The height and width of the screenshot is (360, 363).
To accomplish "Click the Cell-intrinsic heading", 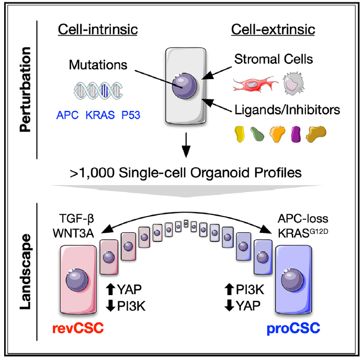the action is point(98,30).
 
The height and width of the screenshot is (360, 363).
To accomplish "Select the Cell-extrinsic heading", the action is point(273,30).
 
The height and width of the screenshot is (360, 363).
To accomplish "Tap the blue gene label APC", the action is point(67,115).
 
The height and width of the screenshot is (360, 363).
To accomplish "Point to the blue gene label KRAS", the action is point(100,115).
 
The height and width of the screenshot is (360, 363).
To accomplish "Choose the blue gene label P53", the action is point(131,115).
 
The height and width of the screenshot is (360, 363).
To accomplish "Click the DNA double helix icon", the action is point(98,91).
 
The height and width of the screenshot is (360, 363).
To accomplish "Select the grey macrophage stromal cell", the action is point(293,83).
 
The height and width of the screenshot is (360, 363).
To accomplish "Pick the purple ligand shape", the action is point(296,134).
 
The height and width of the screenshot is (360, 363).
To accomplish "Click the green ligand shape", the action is point(257,134).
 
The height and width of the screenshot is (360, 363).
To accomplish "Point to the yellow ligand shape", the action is point(240,134).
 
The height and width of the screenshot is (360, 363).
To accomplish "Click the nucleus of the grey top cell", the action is point(184,86).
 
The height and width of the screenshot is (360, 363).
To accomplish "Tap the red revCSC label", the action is point(78,328).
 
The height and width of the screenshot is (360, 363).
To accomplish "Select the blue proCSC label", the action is point(293,329).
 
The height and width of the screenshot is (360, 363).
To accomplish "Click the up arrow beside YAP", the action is point(110,289).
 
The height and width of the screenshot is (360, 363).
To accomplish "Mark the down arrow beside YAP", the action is point(229,306).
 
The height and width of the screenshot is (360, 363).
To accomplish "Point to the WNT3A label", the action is point(73,233).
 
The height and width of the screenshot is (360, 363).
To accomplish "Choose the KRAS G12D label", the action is point(303,233).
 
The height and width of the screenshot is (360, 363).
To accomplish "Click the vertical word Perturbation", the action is point(25,89).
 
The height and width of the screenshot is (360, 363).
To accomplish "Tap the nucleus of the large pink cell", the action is point(77,280).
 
